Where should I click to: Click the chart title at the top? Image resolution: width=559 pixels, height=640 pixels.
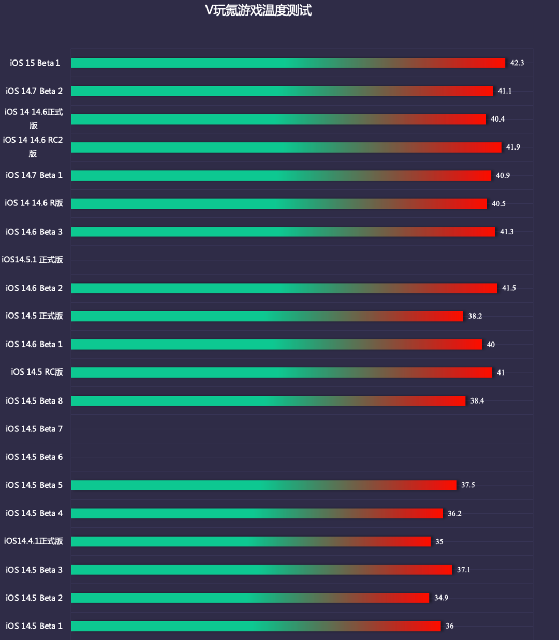point(258,10)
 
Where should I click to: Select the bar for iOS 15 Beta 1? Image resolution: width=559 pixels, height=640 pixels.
point(288,63)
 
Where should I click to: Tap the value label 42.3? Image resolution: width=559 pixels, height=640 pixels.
point(517,63)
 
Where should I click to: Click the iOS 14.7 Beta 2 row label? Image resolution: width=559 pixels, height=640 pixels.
point(34,91)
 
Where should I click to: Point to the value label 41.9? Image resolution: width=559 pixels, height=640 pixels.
point(513,147)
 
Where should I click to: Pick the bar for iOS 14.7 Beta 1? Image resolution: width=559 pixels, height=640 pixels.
point(281,175)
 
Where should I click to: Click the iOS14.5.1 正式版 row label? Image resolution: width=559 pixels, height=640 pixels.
point(32,260)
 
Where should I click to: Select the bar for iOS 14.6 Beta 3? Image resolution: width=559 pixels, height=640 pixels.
point(283,232)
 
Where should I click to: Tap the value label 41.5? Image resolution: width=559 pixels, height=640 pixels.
point(509,288)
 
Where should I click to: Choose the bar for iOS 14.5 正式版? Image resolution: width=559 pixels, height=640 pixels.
point(267,316)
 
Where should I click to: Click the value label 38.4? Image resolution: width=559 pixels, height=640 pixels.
point(477,401)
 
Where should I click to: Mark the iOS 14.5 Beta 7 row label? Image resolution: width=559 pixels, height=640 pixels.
point(34,429)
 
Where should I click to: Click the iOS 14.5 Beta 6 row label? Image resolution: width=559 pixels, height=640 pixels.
point(34,457)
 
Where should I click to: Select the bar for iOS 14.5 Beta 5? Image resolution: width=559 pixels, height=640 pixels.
point(263,485)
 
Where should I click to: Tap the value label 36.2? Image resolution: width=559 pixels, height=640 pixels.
point(454,514)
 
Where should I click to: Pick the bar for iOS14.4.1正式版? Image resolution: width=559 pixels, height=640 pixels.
point(251,542)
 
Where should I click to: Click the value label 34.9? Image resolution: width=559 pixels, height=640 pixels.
point(441,598)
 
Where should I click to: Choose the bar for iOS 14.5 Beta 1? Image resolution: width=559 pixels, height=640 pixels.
point(256,626)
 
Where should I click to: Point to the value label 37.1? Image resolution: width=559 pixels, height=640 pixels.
point(463,570)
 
